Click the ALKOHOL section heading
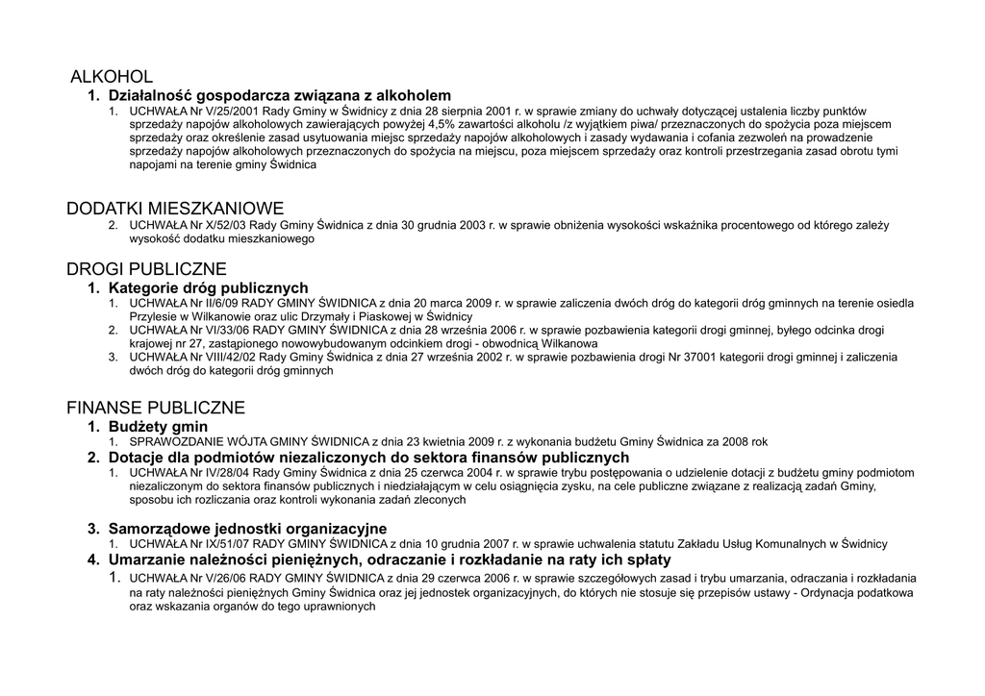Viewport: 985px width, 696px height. click(x=112, y=76)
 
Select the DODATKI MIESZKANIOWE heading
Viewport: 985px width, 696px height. click(x=175, y=209)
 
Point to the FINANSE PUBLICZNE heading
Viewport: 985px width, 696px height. click(x=156, y=408)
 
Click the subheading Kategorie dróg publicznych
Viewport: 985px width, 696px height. click(x=208, y=287)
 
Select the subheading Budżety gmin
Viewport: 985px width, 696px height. click(x=158, y=426)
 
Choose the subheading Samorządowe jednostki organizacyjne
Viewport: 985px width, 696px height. click(x=247, y=528)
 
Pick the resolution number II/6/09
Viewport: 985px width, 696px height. click(x=217, y=304)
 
